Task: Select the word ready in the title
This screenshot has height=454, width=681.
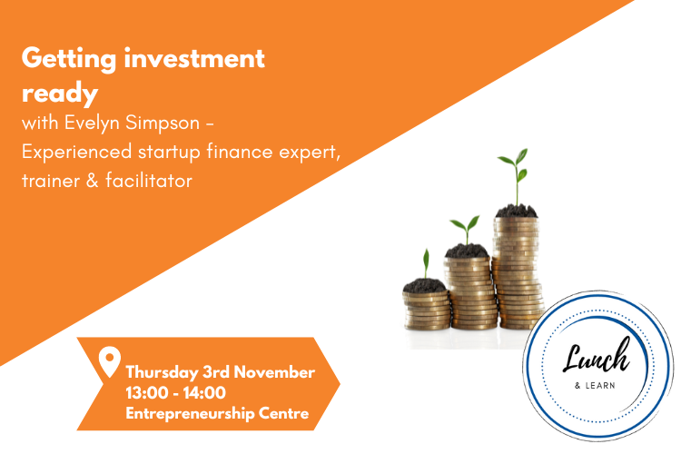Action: (x=59, y=94)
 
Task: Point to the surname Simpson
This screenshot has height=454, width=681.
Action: (x=168, y=123)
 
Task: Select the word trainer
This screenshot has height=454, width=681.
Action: (x=49, y=181)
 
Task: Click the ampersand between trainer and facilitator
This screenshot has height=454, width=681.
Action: (x=93, y=181)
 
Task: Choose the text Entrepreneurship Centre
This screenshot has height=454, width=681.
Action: (x=217, y=414)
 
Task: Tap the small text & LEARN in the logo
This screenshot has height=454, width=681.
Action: (x=595, y=384)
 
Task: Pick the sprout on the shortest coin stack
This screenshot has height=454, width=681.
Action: (x=425, y=264)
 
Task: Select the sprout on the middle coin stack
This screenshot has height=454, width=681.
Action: (x=467, y=229)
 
